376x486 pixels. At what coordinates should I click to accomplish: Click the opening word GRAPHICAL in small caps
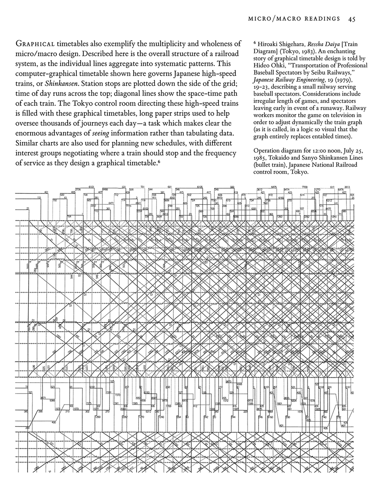pyautogui.click(x=34, y=44)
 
